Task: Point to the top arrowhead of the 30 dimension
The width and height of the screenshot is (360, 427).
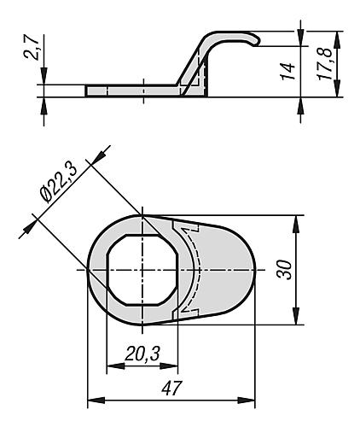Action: pyautogui.click(x=296, y=221)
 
